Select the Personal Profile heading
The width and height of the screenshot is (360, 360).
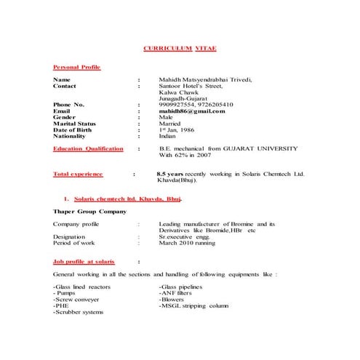(x=77, y=67)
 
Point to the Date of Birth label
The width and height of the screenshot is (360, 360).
(x=76, y=129)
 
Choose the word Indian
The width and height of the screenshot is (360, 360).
(x=167, y=135)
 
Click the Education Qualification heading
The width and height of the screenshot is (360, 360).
(x=89, y=148)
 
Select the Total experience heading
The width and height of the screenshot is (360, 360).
(x=79, y=175)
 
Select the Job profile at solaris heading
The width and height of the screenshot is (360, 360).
(x=84, y=260)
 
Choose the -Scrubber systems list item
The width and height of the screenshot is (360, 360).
(x=79, y=313)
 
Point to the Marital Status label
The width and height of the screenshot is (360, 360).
(x=74, y=123)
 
